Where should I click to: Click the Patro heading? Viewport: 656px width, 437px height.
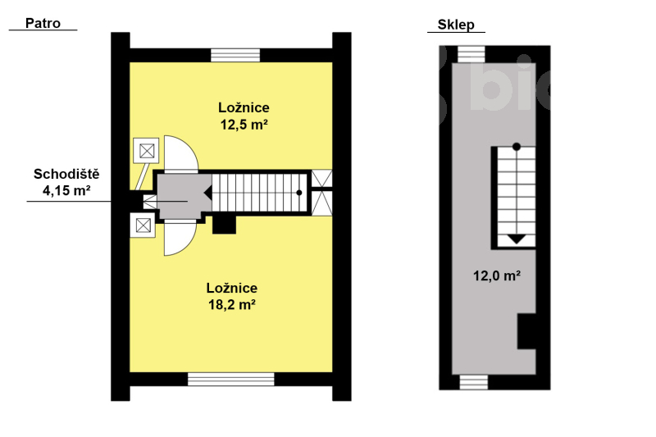[43, 24]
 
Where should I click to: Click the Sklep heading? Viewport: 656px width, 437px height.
[456, 25]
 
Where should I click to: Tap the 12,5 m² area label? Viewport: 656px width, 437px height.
[244, 125]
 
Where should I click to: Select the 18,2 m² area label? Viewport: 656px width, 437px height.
[232, 305]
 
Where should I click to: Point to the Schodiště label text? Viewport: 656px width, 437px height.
[66, 174]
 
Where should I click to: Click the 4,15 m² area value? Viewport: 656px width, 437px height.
[66, 191]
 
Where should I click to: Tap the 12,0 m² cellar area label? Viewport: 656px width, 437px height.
[497, 276]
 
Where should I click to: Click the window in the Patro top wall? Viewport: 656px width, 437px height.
[235, 55]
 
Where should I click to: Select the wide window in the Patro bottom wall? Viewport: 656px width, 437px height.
[231, 379]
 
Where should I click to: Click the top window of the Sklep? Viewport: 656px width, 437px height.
[471, 54]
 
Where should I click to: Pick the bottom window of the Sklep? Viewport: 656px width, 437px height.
[474, 382]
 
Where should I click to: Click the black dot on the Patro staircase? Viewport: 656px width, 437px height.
[299, 193]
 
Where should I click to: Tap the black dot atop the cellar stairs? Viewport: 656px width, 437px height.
[517, 147]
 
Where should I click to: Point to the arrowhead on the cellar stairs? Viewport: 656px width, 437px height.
[517, 239]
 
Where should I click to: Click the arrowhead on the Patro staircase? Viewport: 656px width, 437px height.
[207, 193]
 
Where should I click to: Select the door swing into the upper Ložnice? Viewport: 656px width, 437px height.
[180, 154]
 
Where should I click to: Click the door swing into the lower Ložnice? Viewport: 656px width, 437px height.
[180, 238]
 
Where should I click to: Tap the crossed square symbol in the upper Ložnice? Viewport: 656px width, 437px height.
[147, 151]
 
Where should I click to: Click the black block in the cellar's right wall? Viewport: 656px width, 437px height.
[526, 331]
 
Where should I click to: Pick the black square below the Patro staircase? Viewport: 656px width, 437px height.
[224, 224]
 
